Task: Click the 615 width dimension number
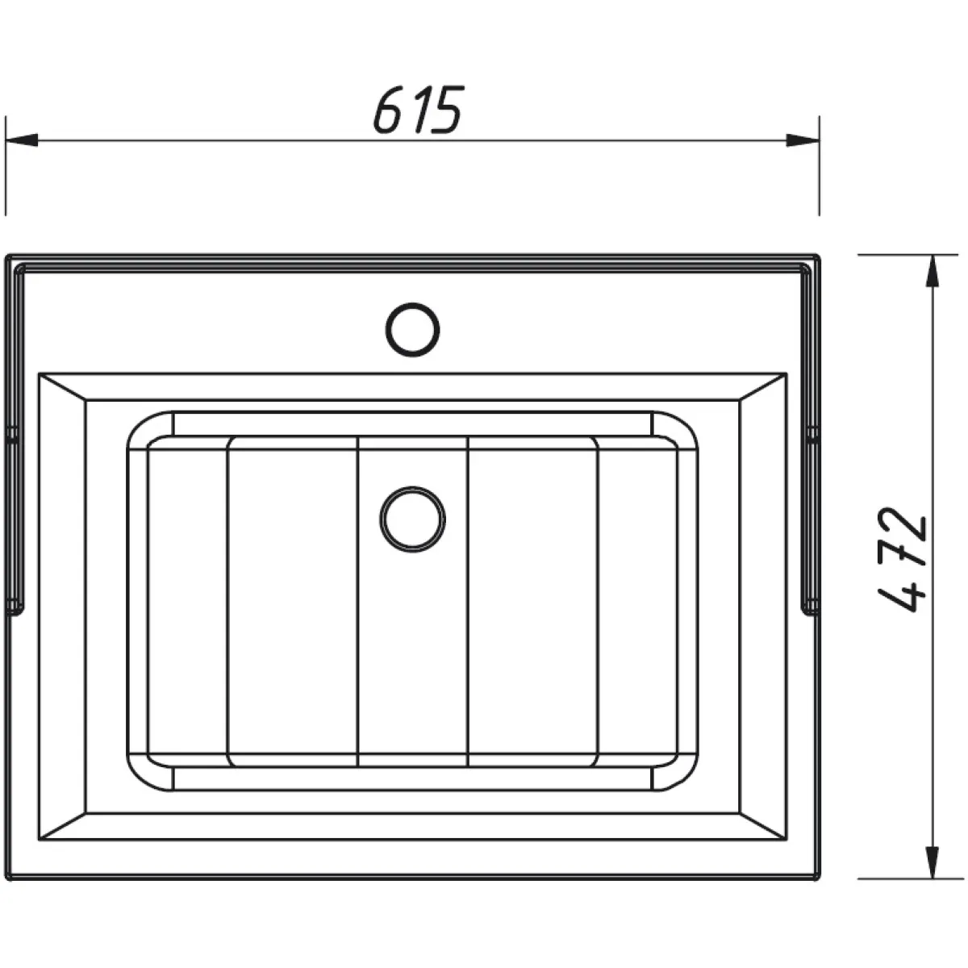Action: pos(418,110)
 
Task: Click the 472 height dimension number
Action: pos(903,559)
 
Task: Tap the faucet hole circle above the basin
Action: pos(412,330)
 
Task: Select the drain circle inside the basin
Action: pos(412,519)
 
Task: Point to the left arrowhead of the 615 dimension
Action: pos(21,140)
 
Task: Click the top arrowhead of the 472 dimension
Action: pos(933,271)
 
